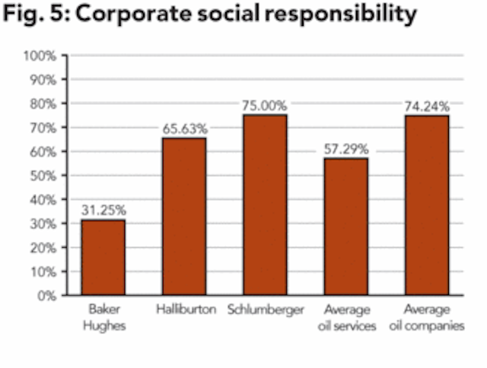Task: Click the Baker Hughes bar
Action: point(103,257)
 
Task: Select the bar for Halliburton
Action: point(184,217)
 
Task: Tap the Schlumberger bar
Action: point(265,205)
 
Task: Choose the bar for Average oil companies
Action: point(427,205)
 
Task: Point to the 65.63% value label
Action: point(184,128)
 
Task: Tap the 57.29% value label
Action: point(346,148)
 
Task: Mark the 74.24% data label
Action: point(427,106)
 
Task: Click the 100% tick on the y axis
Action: point(39,56)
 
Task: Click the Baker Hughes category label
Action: point(103,316)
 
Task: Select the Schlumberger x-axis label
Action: point(265,310)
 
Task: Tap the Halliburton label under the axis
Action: point(184,310)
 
